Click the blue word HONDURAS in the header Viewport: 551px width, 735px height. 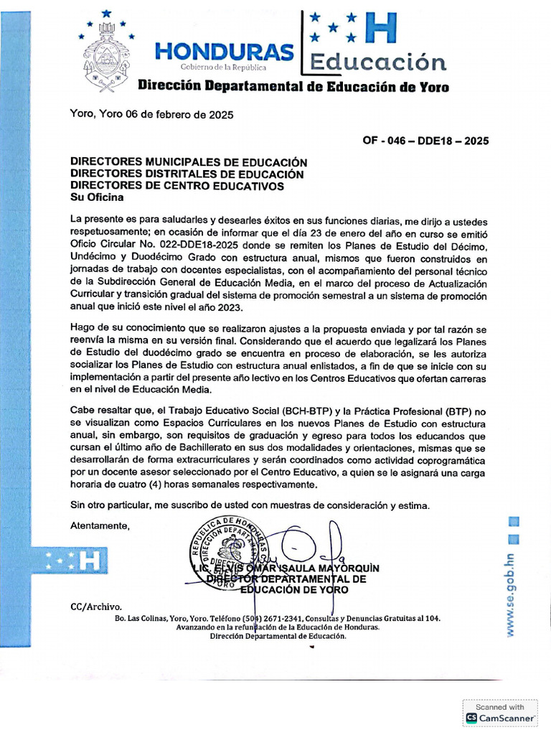pyautogui.click(x=225, y=52)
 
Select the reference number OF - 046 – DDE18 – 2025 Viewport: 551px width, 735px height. pyautogui.click(x=426, y=141)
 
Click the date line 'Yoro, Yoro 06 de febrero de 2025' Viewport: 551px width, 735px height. pyautogui.click(x=151, y=114)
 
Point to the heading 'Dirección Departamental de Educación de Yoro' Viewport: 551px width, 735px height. pyautogui.click(x=293, y=88)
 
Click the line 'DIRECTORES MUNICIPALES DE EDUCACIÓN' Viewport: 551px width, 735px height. pyautogui.click(x=188, y=163)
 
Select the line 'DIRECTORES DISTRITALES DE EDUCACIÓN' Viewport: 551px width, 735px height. pyautogui.click(x=187, y=174)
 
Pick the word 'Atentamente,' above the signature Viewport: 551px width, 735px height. pyautogui.click(x=100, y=525)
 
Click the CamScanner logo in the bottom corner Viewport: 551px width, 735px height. pyautogui.click(x=501, y=717)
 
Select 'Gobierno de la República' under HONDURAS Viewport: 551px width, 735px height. pyautogui.click(x=222, y=67)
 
